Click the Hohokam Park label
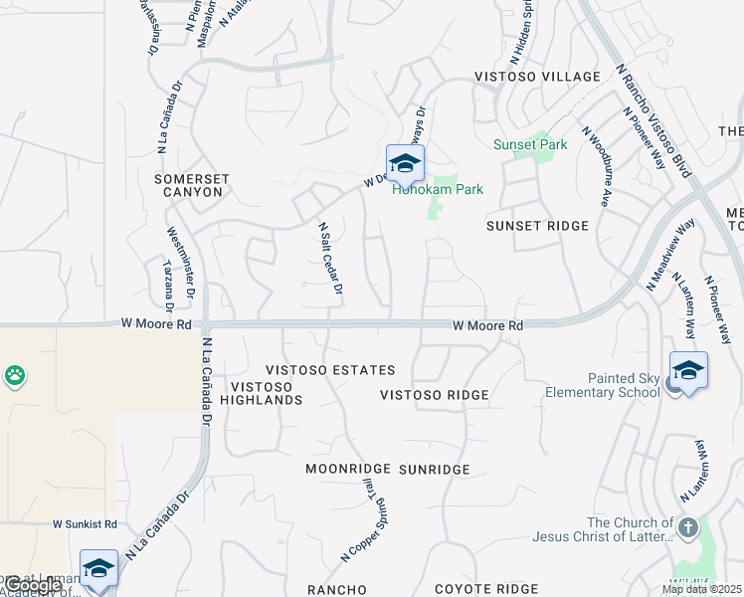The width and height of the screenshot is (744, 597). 438,188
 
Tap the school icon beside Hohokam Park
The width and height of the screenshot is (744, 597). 405,163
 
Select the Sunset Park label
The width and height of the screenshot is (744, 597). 530,144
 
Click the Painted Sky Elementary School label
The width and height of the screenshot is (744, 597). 602,385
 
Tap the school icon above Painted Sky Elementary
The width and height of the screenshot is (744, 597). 688,370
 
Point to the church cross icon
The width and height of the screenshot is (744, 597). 687,526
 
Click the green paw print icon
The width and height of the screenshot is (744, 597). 16,376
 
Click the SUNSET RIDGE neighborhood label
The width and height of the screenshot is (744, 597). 538,226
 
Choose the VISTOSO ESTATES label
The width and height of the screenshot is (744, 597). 329,370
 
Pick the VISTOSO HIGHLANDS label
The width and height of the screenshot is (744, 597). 266,393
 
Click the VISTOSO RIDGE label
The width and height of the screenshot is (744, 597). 435,395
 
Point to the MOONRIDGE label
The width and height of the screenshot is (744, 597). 346,469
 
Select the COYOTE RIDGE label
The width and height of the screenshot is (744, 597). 486,589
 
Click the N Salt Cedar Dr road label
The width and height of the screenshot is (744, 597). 330,258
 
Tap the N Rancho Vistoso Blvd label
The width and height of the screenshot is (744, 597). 652,119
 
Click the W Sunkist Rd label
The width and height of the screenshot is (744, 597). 85,523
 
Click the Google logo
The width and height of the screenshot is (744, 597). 32,586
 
